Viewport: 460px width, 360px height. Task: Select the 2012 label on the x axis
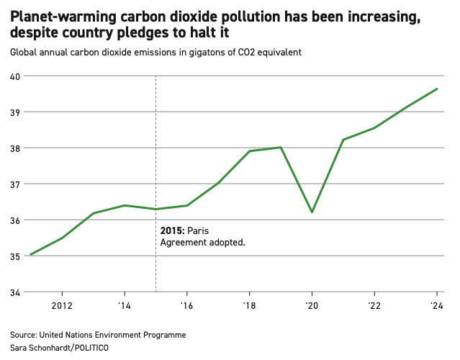coord(63,305)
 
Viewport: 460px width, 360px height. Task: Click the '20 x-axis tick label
coord(312,305)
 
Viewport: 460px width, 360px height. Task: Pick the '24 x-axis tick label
coord(436,305)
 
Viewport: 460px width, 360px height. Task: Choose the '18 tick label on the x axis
coord(249,305)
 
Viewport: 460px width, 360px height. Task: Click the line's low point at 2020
coord(312,212)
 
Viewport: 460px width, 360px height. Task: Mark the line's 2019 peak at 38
coord(280,148)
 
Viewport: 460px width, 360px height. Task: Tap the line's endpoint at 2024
coord(437,89)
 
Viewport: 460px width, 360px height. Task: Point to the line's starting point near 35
coord(31,254)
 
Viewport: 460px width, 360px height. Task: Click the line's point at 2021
coord(343,140)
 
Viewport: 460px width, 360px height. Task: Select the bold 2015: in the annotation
coord(172,230)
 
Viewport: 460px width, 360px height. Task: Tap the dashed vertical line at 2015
coord(156,144)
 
